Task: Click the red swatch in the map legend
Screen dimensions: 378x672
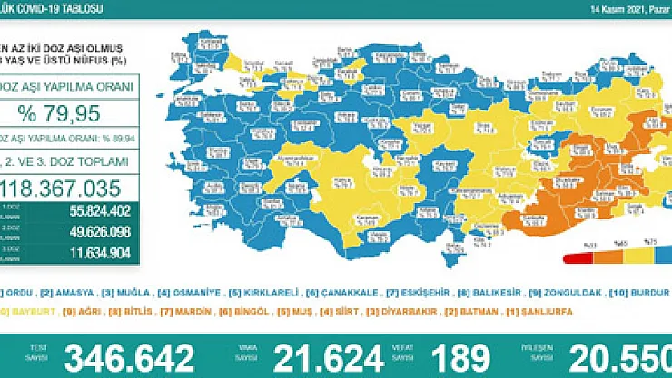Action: tap(569, 257)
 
